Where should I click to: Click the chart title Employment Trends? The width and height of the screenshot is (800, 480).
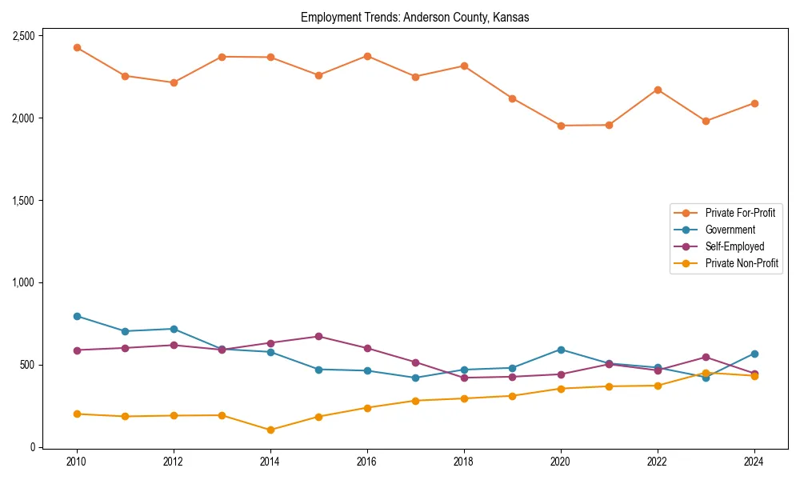pyautogui.click(x=414, y=18)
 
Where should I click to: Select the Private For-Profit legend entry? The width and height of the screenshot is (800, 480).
pyautogui.click(x=740, y=213)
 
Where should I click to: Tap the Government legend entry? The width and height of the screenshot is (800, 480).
pyautogui.click(x=730, y=230)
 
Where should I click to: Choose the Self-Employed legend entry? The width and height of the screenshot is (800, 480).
pyautogui.click(x=734, y=246)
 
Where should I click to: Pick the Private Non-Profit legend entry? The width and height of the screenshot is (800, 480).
pyautogui.click(x=742, y=263)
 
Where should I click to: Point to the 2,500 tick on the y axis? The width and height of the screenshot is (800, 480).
pyautogui.click(x=22, y=36)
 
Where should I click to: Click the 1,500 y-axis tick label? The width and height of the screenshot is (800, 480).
pyautogui.click(x=22, y=201)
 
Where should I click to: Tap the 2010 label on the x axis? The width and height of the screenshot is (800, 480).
pyautogui.click(x=77, y=461)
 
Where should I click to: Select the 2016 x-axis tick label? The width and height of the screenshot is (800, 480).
pyautogui.click(x=367, y=461)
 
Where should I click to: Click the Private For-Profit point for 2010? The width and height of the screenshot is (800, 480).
pyautogui.click(x=77, y=48)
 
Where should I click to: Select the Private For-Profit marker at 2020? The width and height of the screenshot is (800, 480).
pyautogui.click(x=561, y=126)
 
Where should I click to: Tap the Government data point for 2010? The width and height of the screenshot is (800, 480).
pyautogui.click(x=77, y=316)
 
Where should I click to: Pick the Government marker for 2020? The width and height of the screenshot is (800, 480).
pyautogui.click(x=561, y=350)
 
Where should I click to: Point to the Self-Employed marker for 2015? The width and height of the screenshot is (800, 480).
pyautogui.click(x=318, y=336)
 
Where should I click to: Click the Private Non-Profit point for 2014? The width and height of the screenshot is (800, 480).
pyautogui.click(x=270, y=430)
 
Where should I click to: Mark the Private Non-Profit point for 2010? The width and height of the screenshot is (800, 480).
pyautogui.click(x=77, y=414)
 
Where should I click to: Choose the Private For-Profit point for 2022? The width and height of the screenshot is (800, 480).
pyautogui.click(x=658, y=90)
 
